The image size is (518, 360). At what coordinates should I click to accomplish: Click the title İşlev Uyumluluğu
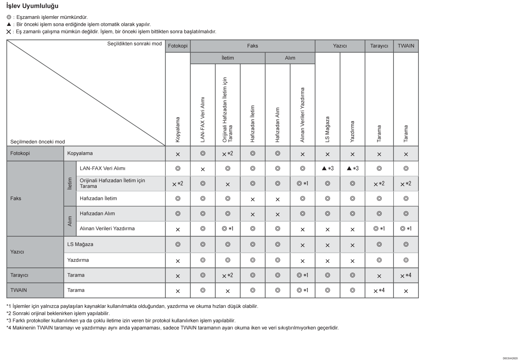pyautogui.click(x=32, y=6)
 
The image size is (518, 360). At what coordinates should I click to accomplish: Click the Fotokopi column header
pyautogui.click(x=178, y=46)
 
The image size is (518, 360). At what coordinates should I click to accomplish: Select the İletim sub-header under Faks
pyautogui.click(x=227, y=58)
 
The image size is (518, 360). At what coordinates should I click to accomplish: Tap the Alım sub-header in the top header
pyautogui.click(x=290, y=58)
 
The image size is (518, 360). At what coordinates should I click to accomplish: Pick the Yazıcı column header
pyautogui.click(x=340, y=46)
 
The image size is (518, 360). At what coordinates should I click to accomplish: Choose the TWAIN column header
pyautogui.click(x=406, y=46)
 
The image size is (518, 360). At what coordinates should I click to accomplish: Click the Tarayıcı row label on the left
pyautogui.click(x=19, y=275)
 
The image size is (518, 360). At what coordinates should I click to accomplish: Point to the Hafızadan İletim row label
pyautogui.click(x=98, y=198)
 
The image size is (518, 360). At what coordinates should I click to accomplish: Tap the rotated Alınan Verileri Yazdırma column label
pyautogui.click(x=303, y=115)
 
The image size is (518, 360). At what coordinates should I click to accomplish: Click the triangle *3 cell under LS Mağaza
pyautogui.click(x=328, y=168)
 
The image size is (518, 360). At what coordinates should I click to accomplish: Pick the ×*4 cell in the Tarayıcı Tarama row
pyautogui.click(x=406, y=275)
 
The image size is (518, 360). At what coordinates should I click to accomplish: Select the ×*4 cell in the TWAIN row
pyautogui.click(x=379, y=290)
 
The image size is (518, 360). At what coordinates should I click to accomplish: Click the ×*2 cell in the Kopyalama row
pyautogui.click(x=227, y=153)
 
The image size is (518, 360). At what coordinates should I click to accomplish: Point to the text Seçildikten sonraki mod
pyautogui.click(x=134, y=44)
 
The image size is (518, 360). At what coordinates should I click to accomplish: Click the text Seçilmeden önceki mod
pyautogui.click(x=38, y=142)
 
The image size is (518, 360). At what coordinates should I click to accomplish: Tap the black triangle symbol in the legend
pyautogui.click(x=9, y=24)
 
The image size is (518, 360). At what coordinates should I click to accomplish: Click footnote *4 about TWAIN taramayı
pyautogui.click(x=172, y=328)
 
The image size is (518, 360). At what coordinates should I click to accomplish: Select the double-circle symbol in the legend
pyautogui.click(x=9, y=17)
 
